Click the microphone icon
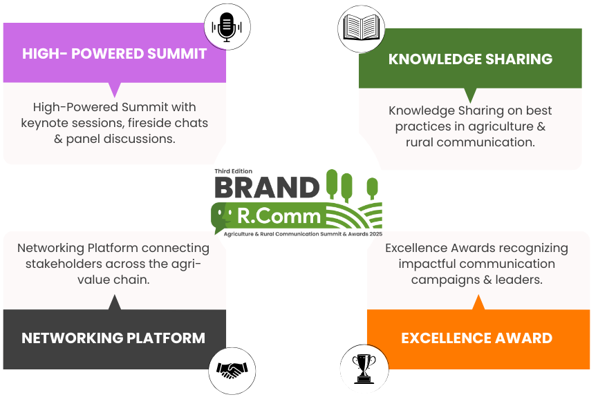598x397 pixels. (227, 27)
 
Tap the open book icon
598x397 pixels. (361, 28)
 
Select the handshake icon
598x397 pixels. (232, 370)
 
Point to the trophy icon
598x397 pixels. (364, 369)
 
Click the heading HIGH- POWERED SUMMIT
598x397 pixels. (114, 54)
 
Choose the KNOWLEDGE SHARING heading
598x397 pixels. (470, 59)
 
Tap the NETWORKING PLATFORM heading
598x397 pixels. (113, 338)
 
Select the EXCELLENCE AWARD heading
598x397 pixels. (477, 338)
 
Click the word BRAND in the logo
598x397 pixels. (267, 187)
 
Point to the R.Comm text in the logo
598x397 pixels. (279, 216)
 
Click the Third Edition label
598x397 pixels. (234, 171)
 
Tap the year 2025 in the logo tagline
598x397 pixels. (375, 234)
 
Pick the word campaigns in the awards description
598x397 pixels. (445, 280)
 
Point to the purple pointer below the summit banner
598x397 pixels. (114, 90)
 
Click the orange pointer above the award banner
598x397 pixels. (478, 302)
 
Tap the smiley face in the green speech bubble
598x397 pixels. (223, 215)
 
